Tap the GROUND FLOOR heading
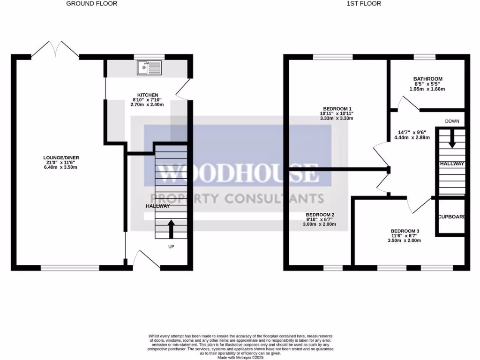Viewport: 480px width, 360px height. point(92,4)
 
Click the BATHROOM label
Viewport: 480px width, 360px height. point(427,79)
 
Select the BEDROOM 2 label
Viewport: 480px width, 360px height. point(320,214)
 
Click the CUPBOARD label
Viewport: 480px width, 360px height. point(451,217)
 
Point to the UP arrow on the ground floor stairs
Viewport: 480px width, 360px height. point(171,229)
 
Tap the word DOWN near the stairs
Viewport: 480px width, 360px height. point(452,121)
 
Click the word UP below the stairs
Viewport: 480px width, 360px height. point(171,247)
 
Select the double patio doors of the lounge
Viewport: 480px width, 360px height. point(56,49)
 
